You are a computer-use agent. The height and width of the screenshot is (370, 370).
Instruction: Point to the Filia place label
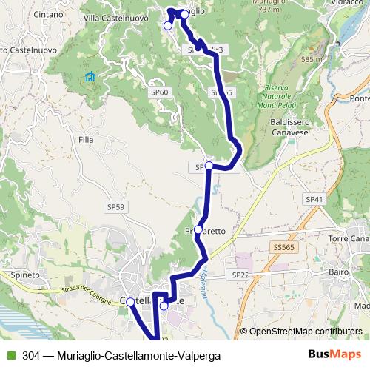(x=85, y=138)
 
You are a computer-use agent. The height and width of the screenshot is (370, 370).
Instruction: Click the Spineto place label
(x=25, y=274)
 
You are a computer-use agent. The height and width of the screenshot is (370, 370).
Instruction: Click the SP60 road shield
(x=159, y=92)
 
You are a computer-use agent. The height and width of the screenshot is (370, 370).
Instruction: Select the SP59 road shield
(x=115, y=208)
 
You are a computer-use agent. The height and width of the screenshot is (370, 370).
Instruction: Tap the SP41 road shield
(x=314, y=200)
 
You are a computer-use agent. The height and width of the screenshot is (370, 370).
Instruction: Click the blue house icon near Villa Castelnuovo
(x=90, y=77)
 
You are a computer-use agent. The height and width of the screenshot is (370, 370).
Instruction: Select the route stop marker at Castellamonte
(x=130, y=302)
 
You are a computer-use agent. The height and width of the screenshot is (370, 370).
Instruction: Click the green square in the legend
(x=10, y=356)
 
